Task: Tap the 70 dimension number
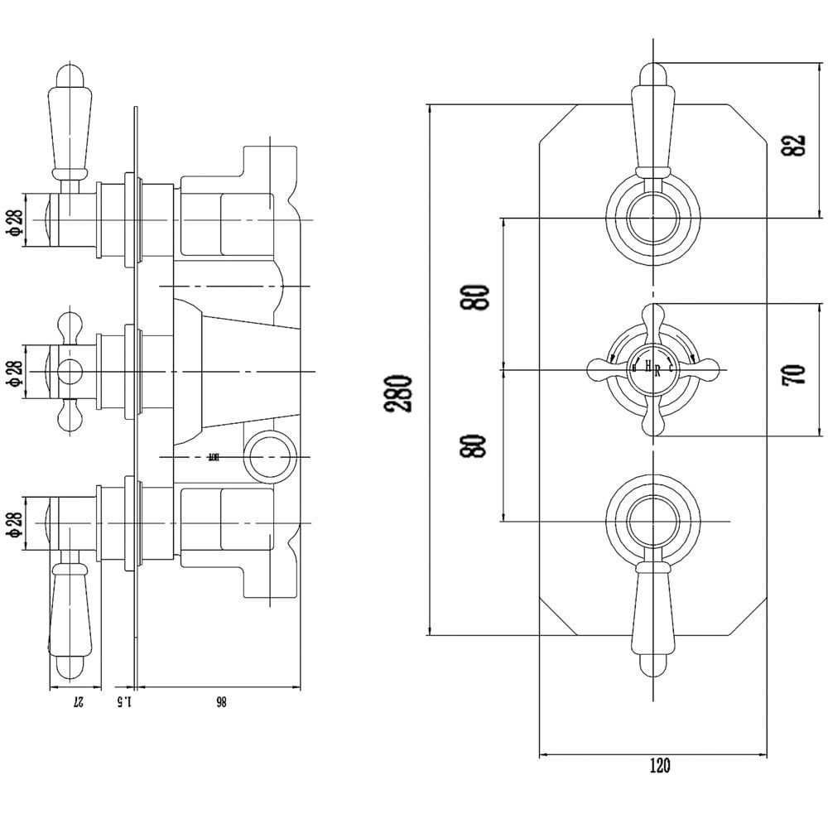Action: pyautogui.click(x=792, y=373)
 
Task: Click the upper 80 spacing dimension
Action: pyautogui.click(x=478, y=296)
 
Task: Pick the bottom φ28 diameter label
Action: pyautogui.click(x=15, y=522)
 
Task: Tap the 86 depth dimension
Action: pyautogui.click(x=221, y=702)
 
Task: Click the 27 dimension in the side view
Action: pyautogui.click(x=77, y=702)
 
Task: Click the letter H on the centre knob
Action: pyautogui.click(x=647, y=367)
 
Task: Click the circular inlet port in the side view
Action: pyautogui.click(x=270, y=456)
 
